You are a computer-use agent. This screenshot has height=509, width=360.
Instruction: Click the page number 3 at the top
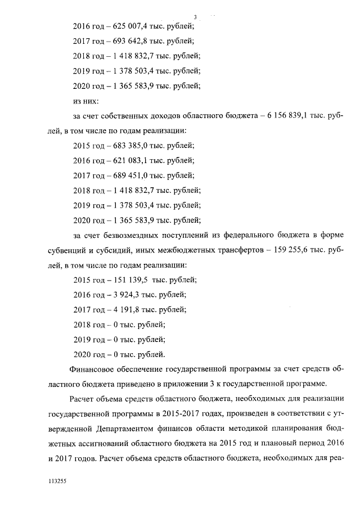[195, 16]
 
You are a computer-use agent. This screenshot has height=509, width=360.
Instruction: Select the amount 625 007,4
[127, 25]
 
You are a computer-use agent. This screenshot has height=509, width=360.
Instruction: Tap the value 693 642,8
[127, 40]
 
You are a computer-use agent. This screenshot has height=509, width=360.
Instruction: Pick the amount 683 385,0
[127, 145]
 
